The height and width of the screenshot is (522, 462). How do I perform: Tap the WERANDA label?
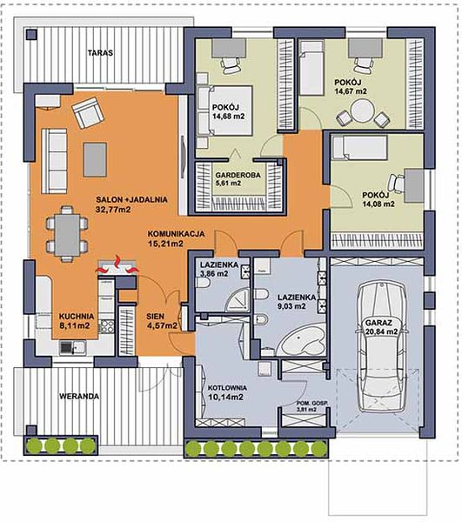coord(79,396)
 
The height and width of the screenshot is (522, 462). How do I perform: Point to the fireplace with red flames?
coord(117,266)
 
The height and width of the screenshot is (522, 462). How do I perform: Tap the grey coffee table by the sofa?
coord(95,159)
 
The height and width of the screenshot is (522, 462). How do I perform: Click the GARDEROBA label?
coord(238,175)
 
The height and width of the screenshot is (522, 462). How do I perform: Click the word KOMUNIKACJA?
coord(176,234)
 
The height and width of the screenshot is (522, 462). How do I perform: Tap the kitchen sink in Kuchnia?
coord(73,347)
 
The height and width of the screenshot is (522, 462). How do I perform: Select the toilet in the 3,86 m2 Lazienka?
coord(203,283)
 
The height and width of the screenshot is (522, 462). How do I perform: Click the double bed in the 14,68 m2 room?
coord(224,110)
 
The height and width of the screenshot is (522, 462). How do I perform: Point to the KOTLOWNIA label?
coord(227,388)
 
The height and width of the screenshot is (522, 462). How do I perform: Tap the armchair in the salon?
coord(89,112)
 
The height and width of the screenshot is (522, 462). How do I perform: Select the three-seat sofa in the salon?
coord(54,162)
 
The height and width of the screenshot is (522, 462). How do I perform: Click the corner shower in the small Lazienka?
coord(238,299)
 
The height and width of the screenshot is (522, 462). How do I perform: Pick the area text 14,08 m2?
coord(378,204)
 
